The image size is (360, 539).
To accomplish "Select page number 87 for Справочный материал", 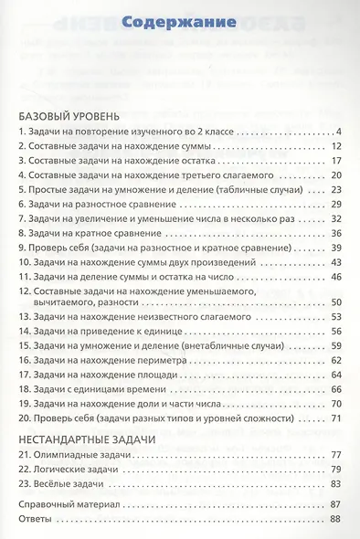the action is [x=335, y=504].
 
